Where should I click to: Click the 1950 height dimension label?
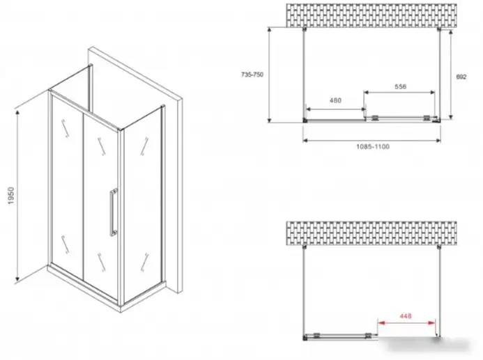tap(10, 196)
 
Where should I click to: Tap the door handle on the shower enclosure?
tap(114, 212)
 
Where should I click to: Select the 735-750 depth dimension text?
tap(252, 75)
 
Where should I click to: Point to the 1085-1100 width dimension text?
tap(373, 146)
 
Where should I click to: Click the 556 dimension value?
tap(401, 86)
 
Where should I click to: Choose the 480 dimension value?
tap(335, 100)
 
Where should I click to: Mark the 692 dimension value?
tap(461, 77)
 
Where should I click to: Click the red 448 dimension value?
tap(406, 315)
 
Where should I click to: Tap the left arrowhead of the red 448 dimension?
tap(381, 323)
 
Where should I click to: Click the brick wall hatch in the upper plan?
tap(371, 15)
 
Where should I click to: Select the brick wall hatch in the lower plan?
tap(371, 233)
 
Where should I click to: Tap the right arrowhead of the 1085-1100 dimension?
tap(438, 141)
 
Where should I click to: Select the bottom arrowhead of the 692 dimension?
tap(451, 116)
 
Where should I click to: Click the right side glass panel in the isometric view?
tap(141, 203)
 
